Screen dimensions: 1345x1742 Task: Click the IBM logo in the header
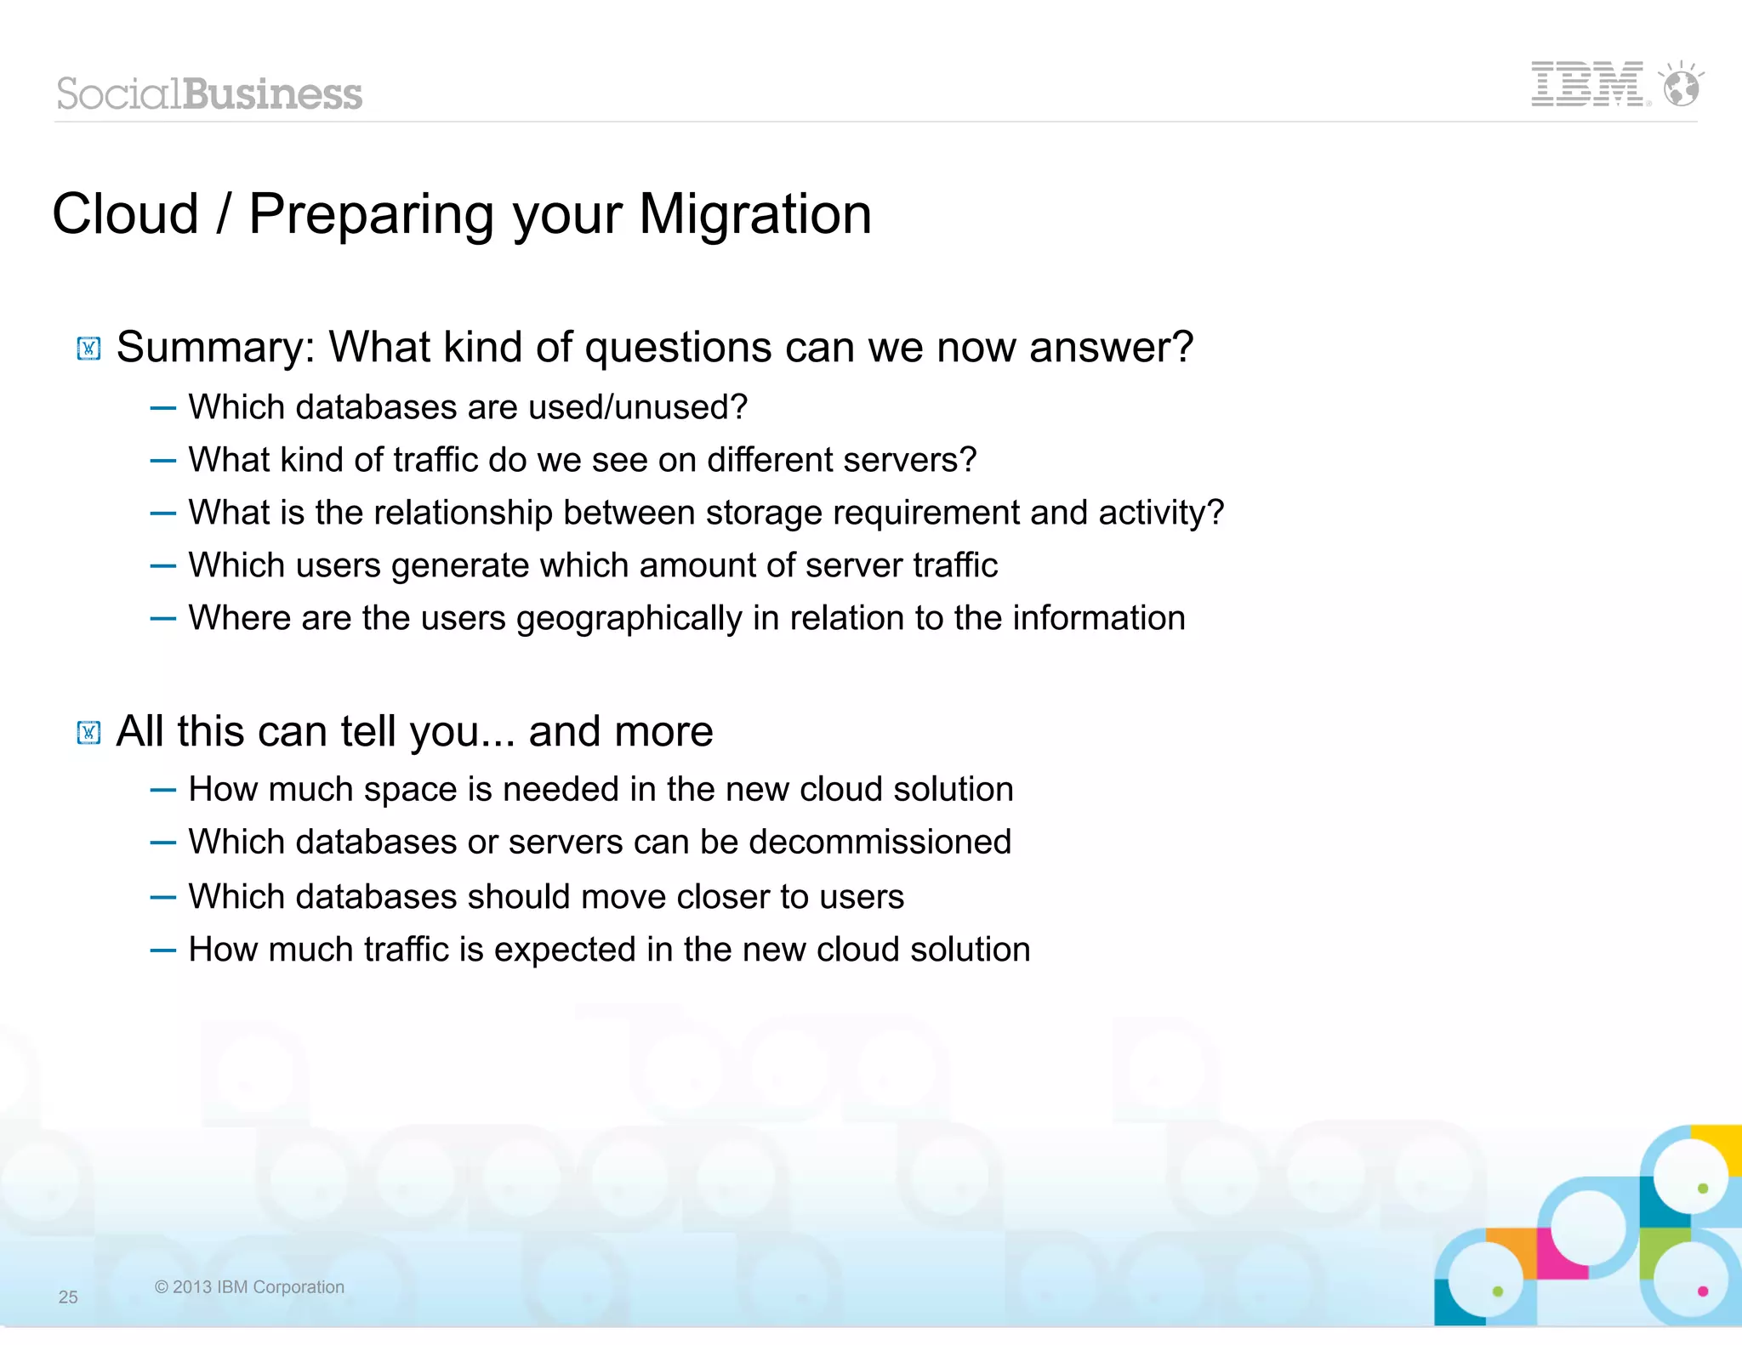click(1587, 84)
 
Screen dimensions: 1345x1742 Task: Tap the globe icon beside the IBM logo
click(1682, 86)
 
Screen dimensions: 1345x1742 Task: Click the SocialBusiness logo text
click(209, 94)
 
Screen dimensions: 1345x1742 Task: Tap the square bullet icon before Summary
click(88, 349)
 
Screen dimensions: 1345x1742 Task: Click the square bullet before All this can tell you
click(88, 732)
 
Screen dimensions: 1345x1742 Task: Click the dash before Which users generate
click(162, 566)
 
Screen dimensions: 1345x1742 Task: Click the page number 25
click(68, 1297)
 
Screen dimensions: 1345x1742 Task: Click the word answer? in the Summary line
click(1111, 348)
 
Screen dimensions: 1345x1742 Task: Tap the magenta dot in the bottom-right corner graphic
click(1702, 1291)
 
